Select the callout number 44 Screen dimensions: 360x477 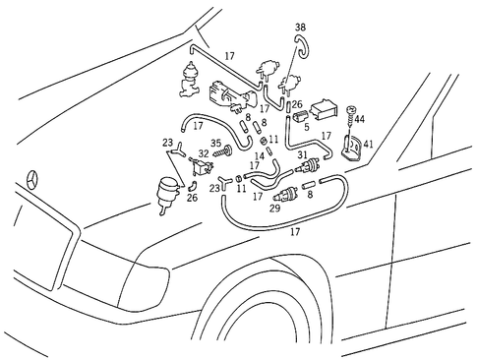pyautogui.click(x=359, y=119)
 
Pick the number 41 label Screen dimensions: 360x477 pyautogui.click(x=369, y=144)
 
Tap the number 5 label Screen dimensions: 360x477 pyautogui.click(x=306, y=127)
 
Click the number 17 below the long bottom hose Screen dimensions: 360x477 pyautogui.click(x=294, y=234)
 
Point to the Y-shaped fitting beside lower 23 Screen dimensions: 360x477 pyautogui.click(x=229, y=180)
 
